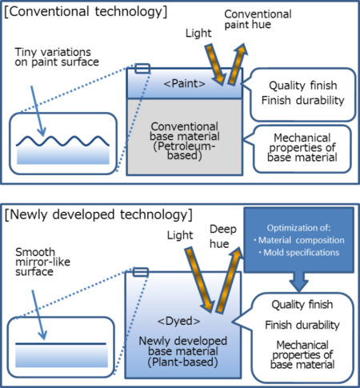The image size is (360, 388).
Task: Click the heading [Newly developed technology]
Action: click(x=100, y=214)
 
